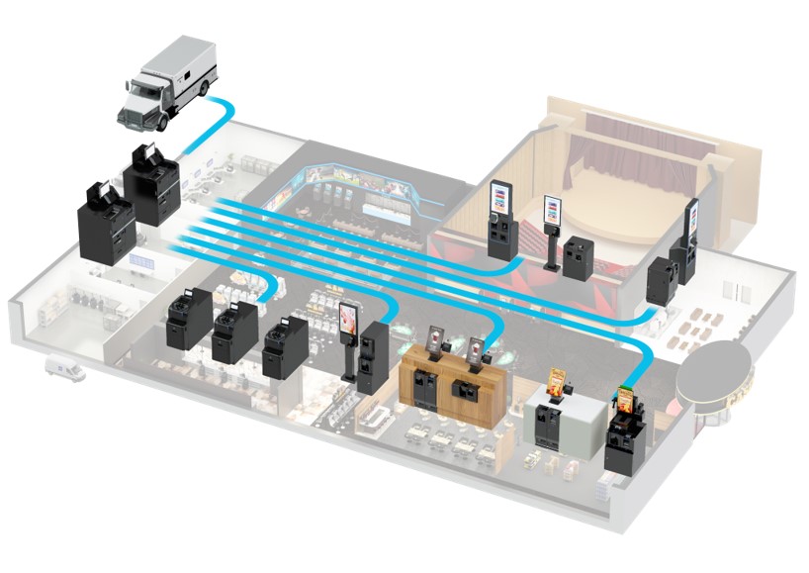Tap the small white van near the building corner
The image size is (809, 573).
click(x=64, y=370)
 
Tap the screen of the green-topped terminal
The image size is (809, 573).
click(x=627, y=402)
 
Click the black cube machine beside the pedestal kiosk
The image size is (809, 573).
click(x=579, y=256)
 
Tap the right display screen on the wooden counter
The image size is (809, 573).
click(x=479, y=349)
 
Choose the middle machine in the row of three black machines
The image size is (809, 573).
click(x=233, y=333)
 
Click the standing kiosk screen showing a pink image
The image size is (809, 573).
click(x=348, y=319)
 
